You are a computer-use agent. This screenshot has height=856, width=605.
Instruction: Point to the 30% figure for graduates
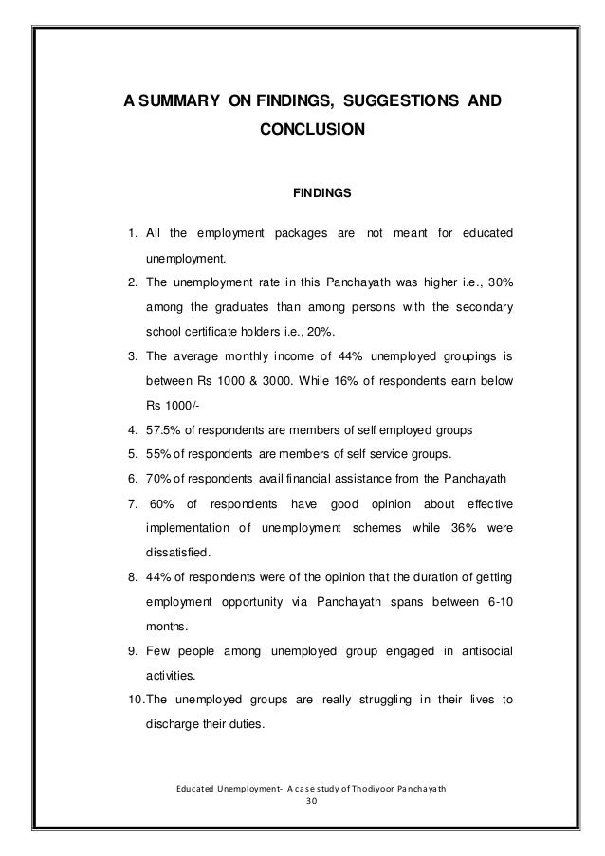point(499,282)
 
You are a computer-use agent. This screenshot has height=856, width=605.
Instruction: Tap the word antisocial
point(479,651)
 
